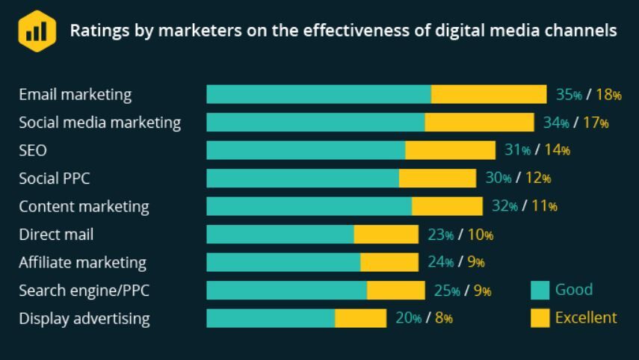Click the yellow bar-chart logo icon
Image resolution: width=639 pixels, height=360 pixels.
pyautogui.click(x=37, y=31)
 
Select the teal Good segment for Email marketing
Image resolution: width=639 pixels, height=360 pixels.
pyautogui.click(x=318, y=94)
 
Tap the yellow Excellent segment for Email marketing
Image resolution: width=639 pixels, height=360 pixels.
pyautogui.click(x=489, y=94)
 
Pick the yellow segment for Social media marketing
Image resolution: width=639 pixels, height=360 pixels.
pyautogui.click(x=479, y=122)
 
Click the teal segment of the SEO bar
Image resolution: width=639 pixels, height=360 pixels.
pyautogui.click(x=306, y=150)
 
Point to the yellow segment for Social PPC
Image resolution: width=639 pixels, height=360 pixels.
pyautogui.click(x=437, y=179)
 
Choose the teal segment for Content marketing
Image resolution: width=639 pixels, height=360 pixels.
pyautogui.click(x=309, y=206)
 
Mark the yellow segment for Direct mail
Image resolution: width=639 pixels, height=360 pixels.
pyautogui.click(x=386, y=235)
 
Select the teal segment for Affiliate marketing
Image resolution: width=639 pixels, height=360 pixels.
pyautogui.click(x=283, y=262)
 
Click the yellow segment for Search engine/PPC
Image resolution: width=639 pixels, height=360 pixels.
pyautogui.click(x=396, y=291)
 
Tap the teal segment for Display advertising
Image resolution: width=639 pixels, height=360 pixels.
pyautogui.click(x=271, y=318)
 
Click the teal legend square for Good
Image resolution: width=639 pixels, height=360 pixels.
pyautogui.click(x=540, y=290)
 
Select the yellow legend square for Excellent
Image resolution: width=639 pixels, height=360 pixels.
pyautogui.click(x=540, y=318)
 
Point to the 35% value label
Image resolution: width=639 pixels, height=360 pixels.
pyautogui.click(x=569, y=95)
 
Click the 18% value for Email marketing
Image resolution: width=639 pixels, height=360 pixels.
pyautogui.click(x=609, y=95)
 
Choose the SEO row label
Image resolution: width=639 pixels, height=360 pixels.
pyautogui.click(x=33, y=151)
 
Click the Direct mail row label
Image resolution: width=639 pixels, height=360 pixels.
pyautogui.click(x=56, y=235)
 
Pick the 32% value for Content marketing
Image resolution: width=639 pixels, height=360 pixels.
pyautogui.click(x=504, y=207)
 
